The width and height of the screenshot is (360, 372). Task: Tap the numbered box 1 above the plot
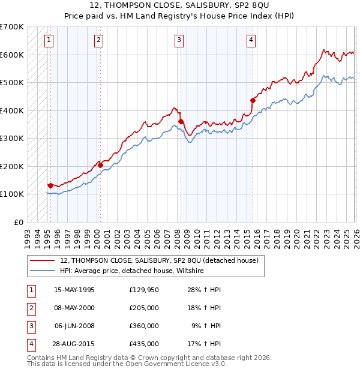click(49, 40)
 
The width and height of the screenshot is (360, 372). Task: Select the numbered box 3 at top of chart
click(179, 40)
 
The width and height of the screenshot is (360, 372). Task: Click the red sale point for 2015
click(253, 101)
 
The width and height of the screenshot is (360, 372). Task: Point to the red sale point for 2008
click(181, 122)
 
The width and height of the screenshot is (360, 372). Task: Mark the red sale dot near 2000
click(100, 165)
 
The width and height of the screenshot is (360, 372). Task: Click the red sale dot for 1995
click(50, 186)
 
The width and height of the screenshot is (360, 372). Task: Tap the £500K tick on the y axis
click(12, 82)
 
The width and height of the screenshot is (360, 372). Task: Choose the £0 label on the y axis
click(18, 222)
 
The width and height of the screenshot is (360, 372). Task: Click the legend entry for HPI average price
click(131, 271)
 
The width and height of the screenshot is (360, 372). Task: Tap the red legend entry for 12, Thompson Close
click(159, 260)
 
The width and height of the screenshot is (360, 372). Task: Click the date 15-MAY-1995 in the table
click(74, 290)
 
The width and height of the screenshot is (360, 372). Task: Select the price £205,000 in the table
click(144, 308)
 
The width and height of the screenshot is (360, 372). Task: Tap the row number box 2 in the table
click(31, 308)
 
